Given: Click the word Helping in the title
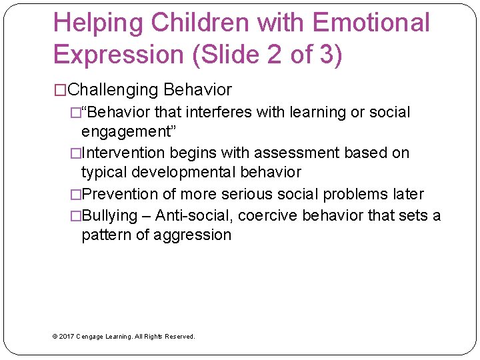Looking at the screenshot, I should point(99,23).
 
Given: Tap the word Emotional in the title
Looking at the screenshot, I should point(371,23).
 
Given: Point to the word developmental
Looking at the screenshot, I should point(181,171).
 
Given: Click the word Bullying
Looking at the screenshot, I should point(109,216).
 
